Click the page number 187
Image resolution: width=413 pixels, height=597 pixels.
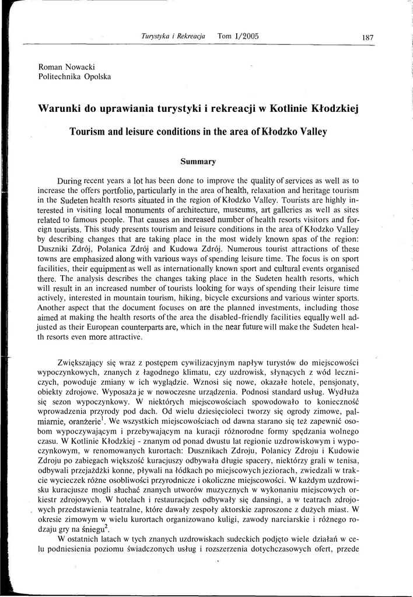pyautogui.click(x=367, y=37)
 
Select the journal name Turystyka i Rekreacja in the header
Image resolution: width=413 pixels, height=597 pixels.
pyautogui.click(x=174, y=36)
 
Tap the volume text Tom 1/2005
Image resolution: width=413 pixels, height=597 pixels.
pyautogui.click(x=238, y=36)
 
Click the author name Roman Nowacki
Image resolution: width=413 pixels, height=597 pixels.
pyautogui.click(x=67, y=66)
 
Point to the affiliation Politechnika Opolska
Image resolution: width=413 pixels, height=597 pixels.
pyautogui.click(x=74, y=76)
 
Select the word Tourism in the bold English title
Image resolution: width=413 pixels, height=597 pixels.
pyautogui.click(x=88, y=132)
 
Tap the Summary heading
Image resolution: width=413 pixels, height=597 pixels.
pyautogui.click(x=198, y=161)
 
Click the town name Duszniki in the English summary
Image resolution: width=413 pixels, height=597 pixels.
pyautogui.click(x=57, y=250)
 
